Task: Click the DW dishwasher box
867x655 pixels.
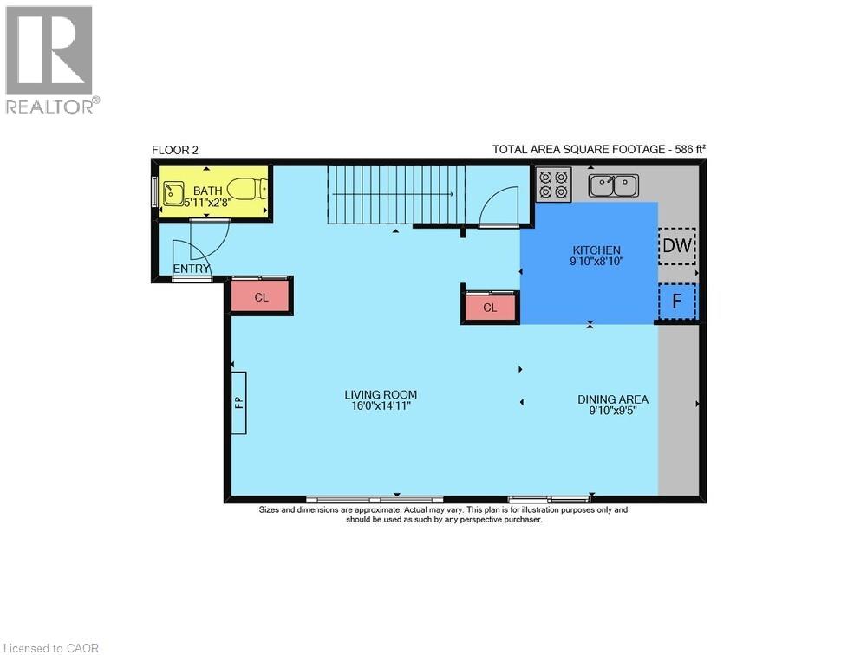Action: pos(677,247)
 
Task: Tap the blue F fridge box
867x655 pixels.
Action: pos(677,302)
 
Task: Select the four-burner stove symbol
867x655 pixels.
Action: pos(553,185)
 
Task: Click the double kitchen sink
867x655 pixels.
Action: pos(613,185)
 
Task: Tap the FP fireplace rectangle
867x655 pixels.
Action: pos(238,402)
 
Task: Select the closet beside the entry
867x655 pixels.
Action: pos(261,297)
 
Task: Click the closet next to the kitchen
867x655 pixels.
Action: pos(490,308)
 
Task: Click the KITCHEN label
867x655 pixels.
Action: pos(596,250)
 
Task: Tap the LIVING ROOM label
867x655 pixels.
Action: pos(375,394)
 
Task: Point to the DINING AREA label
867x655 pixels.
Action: pos(613,399)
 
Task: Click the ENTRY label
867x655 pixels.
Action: pos(192,269)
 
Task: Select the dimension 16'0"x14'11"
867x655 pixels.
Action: pos(375,405)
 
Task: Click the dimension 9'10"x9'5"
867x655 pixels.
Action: pos(613,411)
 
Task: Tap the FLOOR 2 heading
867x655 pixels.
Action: pos(175,150)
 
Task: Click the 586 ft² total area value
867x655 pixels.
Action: pos(687,149)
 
